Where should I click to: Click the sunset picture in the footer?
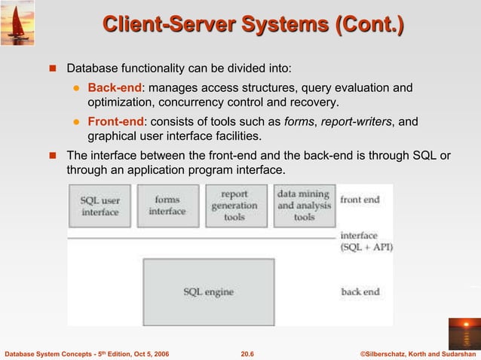[462, 333]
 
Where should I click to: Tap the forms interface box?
[167, 206]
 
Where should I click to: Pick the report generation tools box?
[235, 206]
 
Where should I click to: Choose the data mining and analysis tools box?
[304, 206]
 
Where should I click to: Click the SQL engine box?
[209, 291]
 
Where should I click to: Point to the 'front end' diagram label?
[360, 200]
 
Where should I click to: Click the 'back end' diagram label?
[360, 291]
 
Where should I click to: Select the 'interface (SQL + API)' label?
[366, 241]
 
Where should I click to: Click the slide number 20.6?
[246, 352]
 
